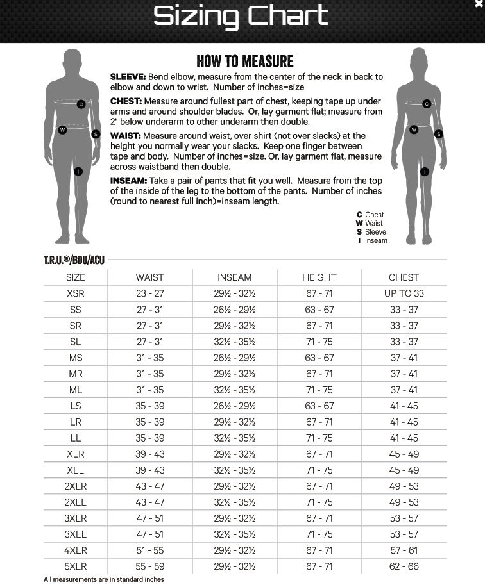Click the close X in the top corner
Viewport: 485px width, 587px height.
coord(478,4)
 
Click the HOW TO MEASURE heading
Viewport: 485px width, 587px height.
coord(244,62)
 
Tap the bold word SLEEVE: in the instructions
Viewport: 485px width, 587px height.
coord(128,77)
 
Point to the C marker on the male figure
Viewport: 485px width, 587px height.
coord(81,104)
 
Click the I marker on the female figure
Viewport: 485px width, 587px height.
coord(424,171)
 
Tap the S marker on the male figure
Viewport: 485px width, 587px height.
coord(96,134)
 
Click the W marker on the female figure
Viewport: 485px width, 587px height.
coord(414,129)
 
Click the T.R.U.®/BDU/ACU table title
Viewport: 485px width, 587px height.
coord(74,260)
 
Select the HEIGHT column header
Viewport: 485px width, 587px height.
coord(319,277)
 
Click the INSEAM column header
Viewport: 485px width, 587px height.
coord(234,277)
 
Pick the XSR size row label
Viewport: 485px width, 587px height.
coord(75,293)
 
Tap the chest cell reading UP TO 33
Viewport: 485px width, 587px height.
coord(404,293)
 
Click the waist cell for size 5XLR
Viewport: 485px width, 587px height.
coord(150,566)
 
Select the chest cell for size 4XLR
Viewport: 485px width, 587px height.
coord(404,550)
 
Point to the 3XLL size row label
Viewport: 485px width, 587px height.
coord(75,534)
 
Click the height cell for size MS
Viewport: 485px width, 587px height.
coord(319,358)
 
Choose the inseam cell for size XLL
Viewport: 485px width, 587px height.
coord(234,470)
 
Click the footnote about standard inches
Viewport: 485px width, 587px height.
coord(103,579)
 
